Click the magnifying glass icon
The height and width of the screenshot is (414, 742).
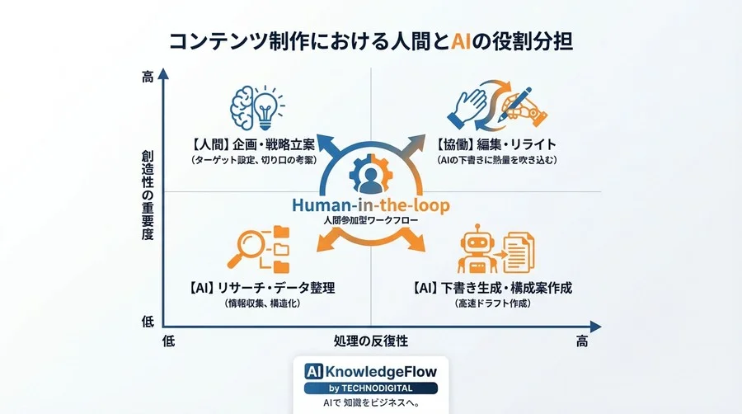[x=257, y=248]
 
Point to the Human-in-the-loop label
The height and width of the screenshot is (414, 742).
[x=370, y=206]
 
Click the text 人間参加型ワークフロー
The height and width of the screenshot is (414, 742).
[x=370, y=222]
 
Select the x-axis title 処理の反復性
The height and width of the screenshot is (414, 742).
[x=370, y=340]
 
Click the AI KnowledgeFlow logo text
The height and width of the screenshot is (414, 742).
[x=370, y=371]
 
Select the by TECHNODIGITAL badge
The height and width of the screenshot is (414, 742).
[x=370, y=388]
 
